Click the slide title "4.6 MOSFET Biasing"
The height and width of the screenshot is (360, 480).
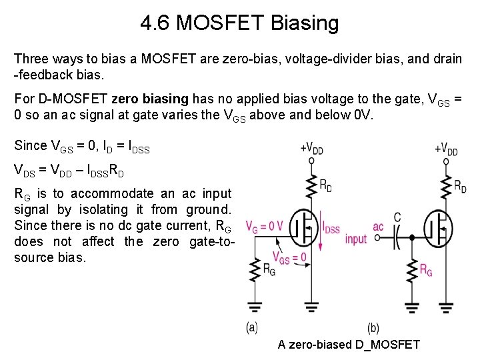239,24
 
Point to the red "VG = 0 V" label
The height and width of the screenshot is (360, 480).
264,226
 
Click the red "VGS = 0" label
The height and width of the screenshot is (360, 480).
289,257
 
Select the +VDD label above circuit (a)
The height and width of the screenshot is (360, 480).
311,147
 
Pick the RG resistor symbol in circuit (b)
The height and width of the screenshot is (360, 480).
412,269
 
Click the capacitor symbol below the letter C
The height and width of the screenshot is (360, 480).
397,237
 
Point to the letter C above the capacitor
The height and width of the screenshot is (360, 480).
397,217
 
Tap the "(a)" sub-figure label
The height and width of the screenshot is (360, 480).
252,327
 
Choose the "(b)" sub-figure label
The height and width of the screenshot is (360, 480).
373,327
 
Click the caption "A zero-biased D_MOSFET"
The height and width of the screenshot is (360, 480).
349,344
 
